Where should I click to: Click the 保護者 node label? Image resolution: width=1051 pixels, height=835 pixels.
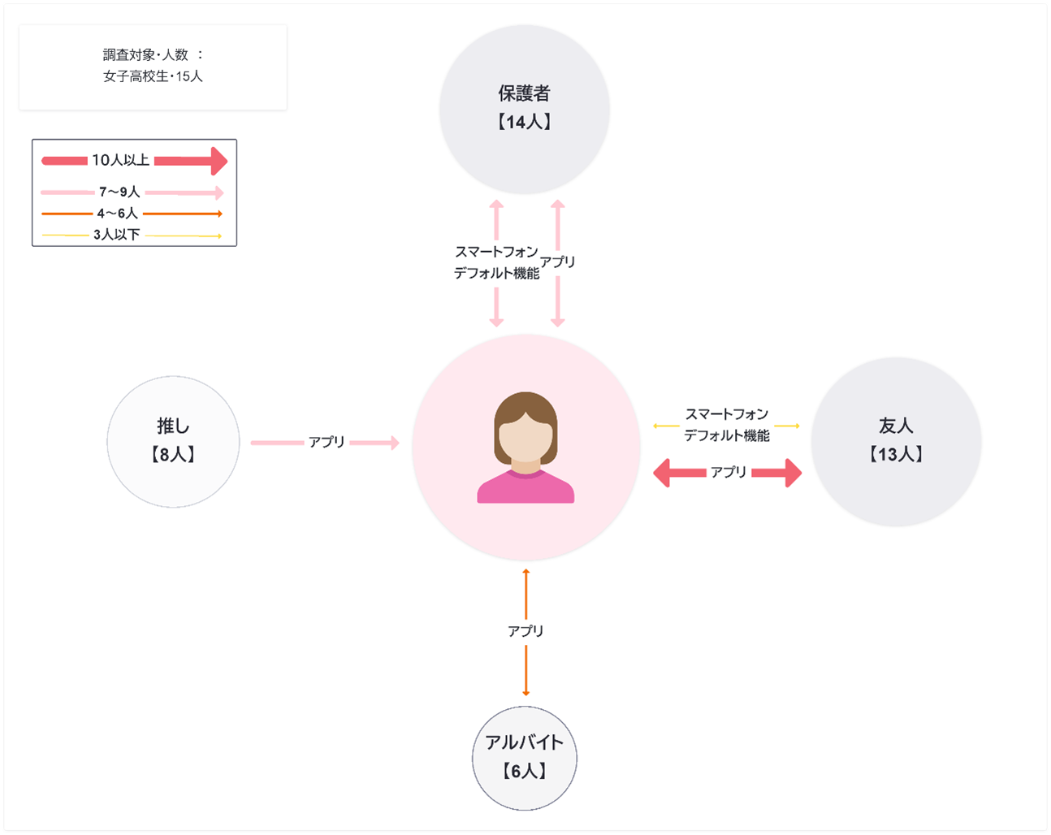pos(524,93)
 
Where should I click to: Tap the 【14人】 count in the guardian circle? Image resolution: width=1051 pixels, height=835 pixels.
pos(524,122)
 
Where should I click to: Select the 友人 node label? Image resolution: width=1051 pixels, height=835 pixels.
pos(896,426)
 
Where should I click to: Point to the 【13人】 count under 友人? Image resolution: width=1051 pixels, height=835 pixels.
pos(896,454)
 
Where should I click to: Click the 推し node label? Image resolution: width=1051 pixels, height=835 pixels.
pos(173,426)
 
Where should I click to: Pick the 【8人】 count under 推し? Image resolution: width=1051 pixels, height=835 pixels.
pos(173,454)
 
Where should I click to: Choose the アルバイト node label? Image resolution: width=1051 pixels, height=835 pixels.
pos(524,742)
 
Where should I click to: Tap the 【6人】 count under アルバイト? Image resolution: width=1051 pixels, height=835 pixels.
pos(524,770)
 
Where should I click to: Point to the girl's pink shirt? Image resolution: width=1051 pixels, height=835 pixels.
pos(525,488)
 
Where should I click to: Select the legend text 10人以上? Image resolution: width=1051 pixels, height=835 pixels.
pos(120,160)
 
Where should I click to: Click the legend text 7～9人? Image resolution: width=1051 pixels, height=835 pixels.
pos(119,193)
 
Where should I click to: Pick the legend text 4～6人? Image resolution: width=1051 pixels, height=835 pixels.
pos(118,214)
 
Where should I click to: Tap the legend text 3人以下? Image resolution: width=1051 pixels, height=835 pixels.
pos(117,235)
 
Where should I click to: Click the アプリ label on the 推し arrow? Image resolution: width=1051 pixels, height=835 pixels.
pos(327,442)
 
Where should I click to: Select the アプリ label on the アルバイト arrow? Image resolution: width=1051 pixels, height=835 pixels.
pos(525,631)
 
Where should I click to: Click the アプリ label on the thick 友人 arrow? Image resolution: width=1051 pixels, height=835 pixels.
pos(729,472)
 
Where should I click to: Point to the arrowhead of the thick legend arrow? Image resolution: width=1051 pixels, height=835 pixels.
pos(218,161)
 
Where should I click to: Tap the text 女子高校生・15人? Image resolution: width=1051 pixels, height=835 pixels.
pos(153,76)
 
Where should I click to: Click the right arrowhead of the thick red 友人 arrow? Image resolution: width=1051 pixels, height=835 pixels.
pos(792,473)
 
